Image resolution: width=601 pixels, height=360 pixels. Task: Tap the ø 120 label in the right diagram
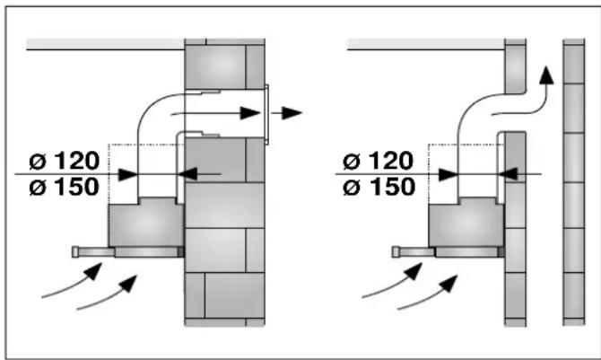click(x=379, y=162)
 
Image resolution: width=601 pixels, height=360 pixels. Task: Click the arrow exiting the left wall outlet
click(x=290, y=113)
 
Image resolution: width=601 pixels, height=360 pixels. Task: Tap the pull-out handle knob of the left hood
click(x=74, y=252)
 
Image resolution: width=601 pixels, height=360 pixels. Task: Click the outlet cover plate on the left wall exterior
click(x=267, y=114)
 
